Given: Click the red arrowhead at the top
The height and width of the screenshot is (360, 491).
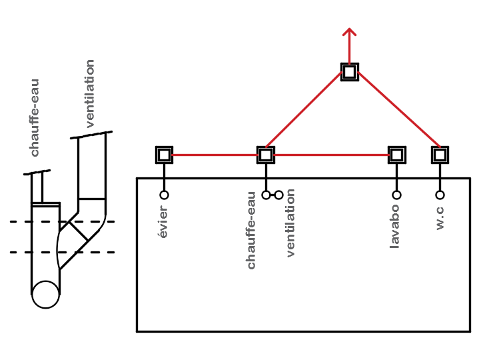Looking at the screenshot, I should [349, 31].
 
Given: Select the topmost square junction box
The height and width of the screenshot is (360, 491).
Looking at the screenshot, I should [349, 72].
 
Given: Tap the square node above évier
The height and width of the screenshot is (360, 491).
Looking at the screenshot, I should [164, 155].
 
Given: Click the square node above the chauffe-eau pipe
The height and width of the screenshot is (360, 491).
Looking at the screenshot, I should [266, 155].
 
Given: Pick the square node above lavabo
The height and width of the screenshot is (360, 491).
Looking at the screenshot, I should [396, 155].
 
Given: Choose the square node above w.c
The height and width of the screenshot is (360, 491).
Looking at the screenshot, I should [440, 155].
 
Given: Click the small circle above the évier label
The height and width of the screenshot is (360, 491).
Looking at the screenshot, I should [164, 195].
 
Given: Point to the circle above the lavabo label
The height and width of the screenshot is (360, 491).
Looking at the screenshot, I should [396, 195].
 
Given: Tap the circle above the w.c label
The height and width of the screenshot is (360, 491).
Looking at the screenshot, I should [440, 195].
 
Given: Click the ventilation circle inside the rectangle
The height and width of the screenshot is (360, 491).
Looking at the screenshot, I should [279, 195].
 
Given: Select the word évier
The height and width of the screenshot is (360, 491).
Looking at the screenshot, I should [163, 222].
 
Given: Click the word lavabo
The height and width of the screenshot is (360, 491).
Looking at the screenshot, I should [395, 226].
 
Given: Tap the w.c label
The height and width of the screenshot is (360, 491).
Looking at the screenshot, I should [440, 218].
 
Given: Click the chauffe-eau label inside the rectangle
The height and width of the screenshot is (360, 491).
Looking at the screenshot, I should [251, 231].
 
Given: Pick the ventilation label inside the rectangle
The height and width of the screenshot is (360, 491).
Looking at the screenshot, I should [290, 223].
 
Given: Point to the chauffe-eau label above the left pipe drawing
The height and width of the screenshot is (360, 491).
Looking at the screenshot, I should [35, 117].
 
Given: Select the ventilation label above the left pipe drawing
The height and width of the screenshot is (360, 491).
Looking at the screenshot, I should [91, 93].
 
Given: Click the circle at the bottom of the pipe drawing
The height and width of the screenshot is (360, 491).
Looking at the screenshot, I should [46, 295].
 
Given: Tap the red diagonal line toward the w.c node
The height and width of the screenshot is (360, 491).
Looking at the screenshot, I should [397, 109].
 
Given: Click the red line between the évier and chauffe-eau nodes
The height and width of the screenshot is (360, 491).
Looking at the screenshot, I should [215, 155].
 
